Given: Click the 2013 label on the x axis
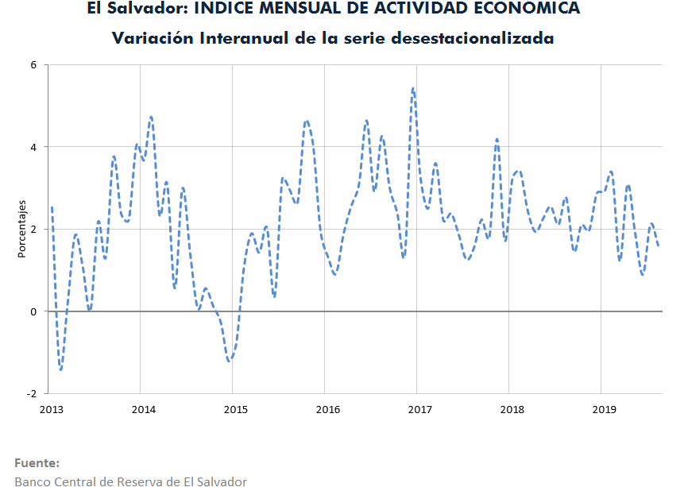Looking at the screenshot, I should [51, 409].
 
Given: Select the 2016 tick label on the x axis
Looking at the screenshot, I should [327, 409].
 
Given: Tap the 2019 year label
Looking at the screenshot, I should [605, 409].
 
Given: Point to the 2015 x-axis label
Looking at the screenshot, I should [235, 409].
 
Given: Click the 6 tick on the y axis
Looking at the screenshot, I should [33, 65].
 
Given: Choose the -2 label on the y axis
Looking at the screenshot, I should [31, 394].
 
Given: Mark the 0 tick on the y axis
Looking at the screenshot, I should [33, 311].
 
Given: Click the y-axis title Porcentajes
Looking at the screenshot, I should [24, 230].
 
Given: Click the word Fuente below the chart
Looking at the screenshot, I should [37, 462].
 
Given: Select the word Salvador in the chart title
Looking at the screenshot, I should [146, 9].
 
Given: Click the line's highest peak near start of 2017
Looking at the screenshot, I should [413, 88].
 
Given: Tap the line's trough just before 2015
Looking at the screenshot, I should [230, 361].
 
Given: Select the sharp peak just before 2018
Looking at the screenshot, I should [497, 139].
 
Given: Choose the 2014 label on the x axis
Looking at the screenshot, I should [143, 409].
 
